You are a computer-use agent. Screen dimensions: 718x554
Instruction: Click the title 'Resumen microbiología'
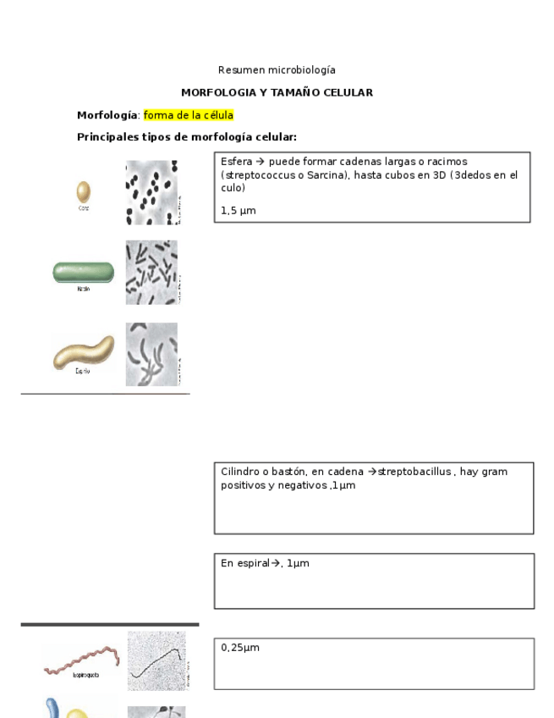click(x=277, y=70)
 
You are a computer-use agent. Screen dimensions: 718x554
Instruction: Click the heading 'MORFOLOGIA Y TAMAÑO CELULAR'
click(x=277, y=92)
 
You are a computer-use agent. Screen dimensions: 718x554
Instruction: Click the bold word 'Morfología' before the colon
click(x=107, y=115)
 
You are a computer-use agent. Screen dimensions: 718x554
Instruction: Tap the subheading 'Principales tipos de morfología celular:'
click(x=186, y=137)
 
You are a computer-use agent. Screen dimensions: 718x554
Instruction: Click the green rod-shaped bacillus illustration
click(x=83, y=272)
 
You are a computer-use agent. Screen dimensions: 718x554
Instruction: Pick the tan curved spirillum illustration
click(x=83, y=351)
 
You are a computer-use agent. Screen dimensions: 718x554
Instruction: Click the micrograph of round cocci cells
click(x=152, y=192)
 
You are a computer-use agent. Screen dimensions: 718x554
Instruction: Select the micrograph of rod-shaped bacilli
click(x=152, y=272)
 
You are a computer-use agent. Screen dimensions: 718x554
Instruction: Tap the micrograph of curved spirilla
click(x=152, y=354)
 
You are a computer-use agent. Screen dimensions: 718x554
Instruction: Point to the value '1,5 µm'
click(x=238, y=211)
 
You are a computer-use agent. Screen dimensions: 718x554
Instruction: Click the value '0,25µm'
click(x=240, y=648)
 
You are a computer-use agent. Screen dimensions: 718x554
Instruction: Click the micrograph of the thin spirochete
click(x=158, y=660)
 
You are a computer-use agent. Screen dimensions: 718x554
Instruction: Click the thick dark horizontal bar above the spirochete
click(x=110, y=624)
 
